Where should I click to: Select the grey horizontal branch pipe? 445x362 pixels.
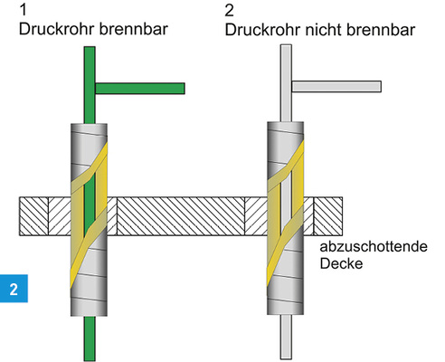[x=338, y=87]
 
